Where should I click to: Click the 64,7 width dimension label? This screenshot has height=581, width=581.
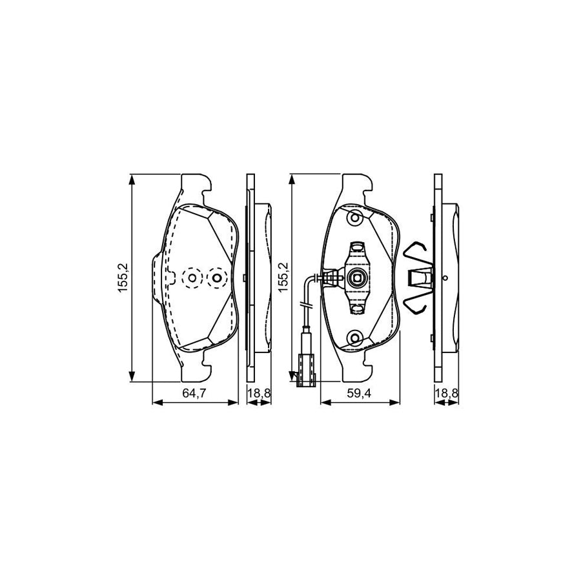pyautogui.click(x=194, y=394)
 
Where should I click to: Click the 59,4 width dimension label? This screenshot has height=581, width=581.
pyautogui.click(x=359, y=394)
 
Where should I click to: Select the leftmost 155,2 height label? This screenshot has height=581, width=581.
pyautogui.click(x=123, y=277)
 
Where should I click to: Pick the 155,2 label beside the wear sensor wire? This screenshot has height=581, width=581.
pyautogui.click(x=283, y=277)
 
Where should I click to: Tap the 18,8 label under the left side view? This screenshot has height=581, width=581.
pyautogui.click(x=259, y=394)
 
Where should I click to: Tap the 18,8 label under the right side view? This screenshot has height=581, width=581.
pyautogui.click(x=447, y=394)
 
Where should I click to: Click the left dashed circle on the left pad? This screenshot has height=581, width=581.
pyautogui.click(x=192, y=278)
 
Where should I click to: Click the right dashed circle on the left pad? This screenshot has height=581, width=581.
pyautogui.click(x=218, y=278)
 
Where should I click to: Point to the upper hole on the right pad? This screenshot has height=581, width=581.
pyautogui.click(x=355, y=218)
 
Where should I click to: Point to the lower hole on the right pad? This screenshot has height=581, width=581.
pyautogui.click(x=355, y=338)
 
